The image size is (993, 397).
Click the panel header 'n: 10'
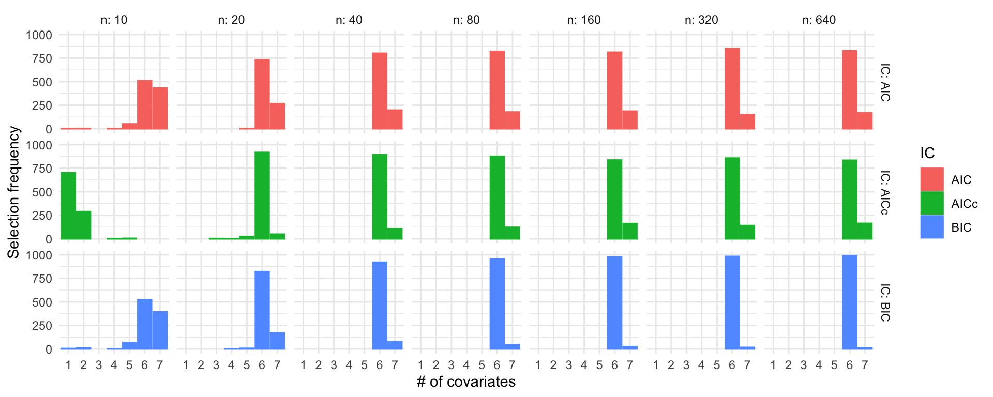click(x=114, y=20)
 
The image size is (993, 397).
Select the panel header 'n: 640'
click(x=819, y=20)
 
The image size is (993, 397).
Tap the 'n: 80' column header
click(x=467, y=20)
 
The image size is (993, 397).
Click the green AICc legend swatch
click(x=931, y=203)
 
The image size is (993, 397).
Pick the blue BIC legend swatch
click(x=931, y=227)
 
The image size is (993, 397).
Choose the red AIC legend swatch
click(x=931, y=179)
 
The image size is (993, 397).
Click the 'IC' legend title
click(x=927, y=153)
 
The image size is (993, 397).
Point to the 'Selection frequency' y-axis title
click(x=13, y=192)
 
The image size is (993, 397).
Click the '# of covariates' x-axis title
click(x=466, y=381)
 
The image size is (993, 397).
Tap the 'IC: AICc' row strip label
click(x=885, y=192)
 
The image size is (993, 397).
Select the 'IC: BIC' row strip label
click(x=885, y=302)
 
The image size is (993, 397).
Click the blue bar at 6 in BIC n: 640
click(x=849, y=302)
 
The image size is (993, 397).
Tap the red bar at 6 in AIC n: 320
click(x=732, y=88)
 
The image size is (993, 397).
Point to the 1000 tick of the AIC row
click(x=39, y=35)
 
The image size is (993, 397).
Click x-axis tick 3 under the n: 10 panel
click(x=99, y=365)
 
